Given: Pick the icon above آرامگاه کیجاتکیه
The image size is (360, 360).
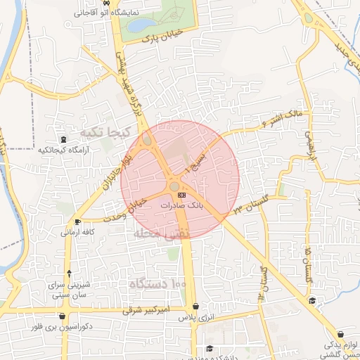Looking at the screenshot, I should coord(64,139).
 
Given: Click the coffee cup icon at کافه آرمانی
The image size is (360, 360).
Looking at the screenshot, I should coord(77,222).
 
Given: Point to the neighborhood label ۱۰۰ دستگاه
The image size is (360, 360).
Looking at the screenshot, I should coord(157,284).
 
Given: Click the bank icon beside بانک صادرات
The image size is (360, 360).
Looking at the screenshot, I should coord(182,194).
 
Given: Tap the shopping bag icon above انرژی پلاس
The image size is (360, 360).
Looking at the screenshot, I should coord(195,307).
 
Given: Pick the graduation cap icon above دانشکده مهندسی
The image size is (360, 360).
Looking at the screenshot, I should coord(209,349).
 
